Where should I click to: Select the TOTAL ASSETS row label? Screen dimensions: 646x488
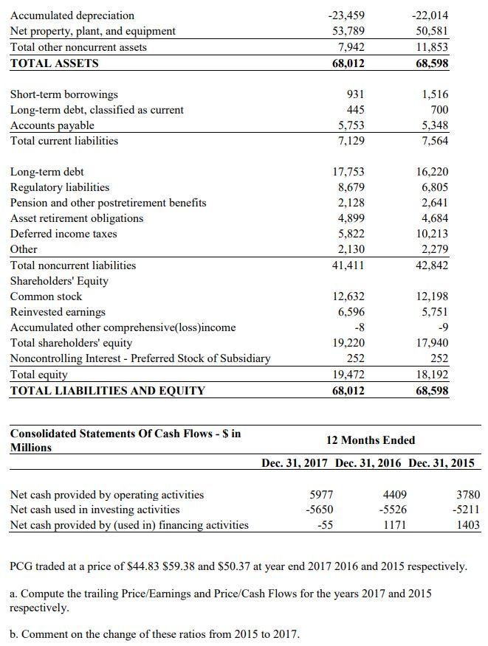tap(54, 63)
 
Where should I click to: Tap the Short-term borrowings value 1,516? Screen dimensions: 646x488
tap(434, 94)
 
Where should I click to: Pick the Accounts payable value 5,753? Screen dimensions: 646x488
tap(350, 125)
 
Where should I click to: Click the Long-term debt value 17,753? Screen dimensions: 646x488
tap(348, 172)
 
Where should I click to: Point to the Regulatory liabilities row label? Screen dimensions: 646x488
tap(59, 187)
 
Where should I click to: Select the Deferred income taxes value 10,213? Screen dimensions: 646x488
tap(433, 234)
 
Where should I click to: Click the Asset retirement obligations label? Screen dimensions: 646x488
tap(76, 218)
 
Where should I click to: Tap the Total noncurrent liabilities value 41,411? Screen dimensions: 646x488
tap(348, 265)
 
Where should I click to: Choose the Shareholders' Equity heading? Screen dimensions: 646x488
tap(58, 281)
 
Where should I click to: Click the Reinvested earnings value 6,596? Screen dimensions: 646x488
tap(350, 312)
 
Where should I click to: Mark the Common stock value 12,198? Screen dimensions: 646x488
tap(433, 296)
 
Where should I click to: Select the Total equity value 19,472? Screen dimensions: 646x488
tap(348, 375)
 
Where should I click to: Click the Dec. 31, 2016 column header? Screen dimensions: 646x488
tap(368, 463)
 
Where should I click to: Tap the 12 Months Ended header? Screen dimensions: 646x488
tap(370, 440)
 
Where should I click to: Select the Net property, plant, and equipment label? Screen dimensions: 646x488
tap(92, 31)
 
